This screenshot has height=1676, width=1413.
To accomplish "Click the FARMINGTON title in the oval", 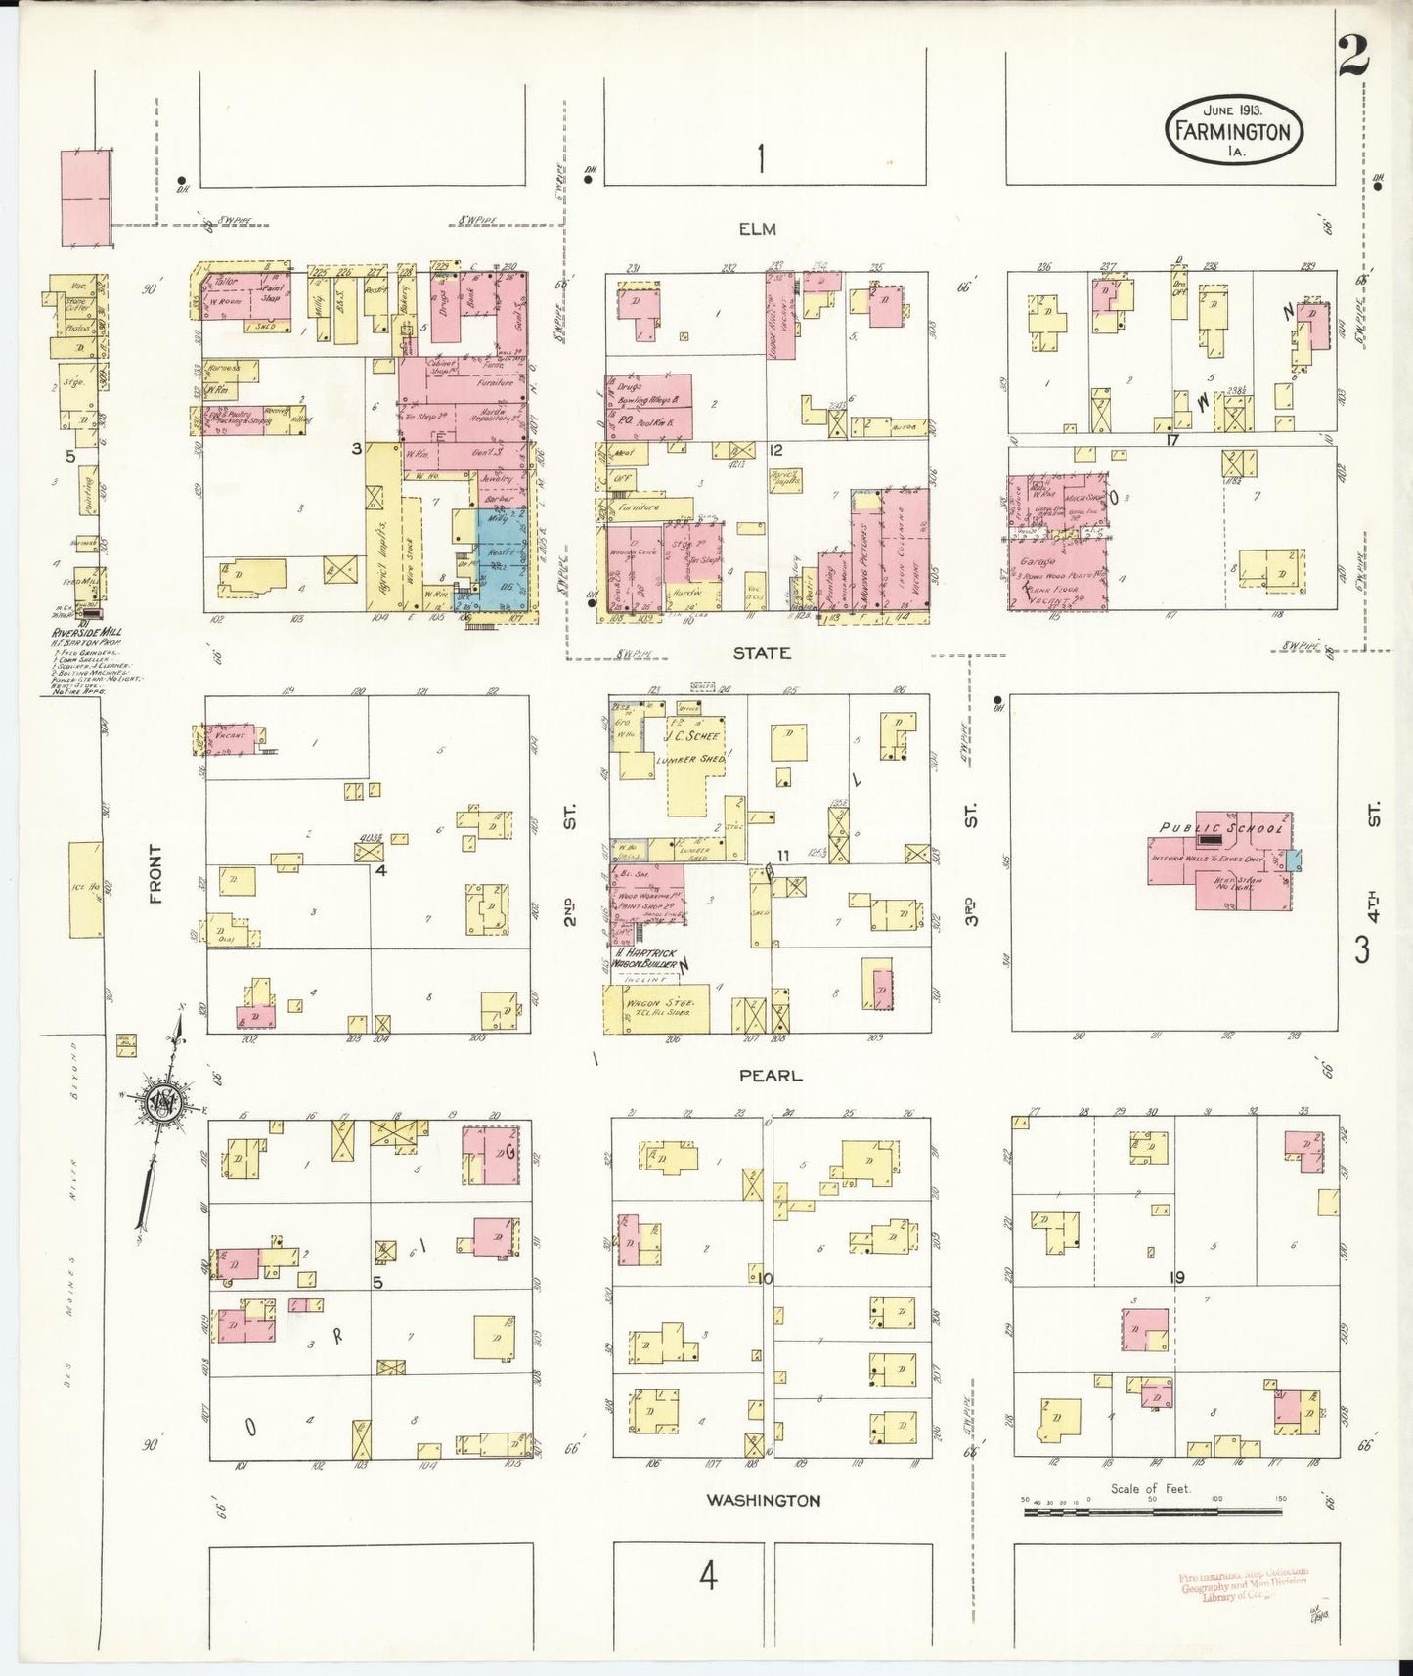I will [1233, 132].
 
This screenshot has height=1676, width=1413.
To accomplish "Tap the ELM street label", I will [757, 229].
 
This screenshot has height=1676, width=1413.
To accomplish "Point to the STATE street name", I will [762, 652].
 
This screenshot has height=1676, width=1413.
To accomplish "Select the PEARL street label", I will [770, 1075].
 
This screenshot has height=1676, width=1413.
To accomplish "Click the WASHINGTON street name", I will [764, 1500].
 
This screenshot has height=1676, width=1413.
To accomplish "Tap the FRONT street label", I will [155, 873].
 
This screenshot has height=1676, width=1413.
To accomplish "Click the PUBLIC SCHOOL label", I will [1220, 828].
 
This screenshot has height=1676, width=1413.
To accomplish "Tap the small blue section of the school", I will [1293, 860].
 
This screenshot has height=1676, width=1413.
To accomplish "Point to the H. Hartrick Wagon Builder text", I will [645, 958].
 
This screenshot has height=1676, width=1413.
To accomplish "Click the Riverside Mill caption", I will [86, 633].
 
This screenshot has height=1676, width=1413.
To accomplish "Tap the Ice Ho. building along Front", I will [85, 888].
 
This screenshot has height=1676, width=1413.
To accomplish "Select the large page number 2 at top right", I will [1353, 58].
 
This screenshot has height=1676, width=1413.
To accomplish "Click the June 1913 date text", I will [1232, 110].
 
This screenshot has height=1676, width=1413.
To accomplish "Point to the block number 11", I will [782, 856].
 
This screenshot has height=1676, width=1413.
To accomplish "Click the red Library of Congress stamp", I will [1243, 1585].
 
